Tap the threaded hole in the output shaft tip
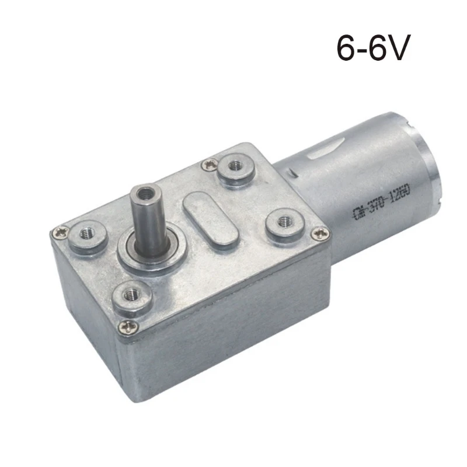(x=144, y=192)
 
